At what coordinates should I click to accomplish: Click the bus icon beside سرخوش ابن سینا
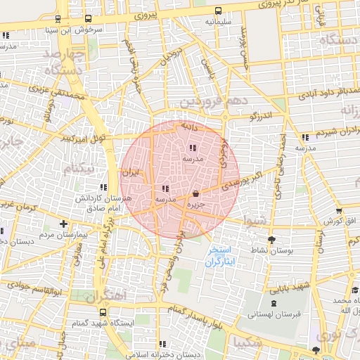[88, 19]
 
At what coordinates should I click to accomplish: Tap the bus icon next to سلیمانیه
[219, 11]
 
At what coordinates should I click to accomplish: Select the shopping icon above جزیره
[195, 193]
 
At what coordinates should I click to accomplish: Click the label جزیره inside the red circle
[195, 205]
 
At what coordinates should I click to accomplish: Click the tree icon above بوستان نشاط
[271, 240]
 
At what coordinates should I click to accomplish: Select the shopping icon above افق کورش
[339, 210]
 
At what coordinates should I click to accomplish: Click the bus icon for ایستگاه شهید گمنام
[103, 312]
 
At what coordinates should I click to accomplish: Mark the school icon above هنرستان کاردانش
[103, 188]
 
